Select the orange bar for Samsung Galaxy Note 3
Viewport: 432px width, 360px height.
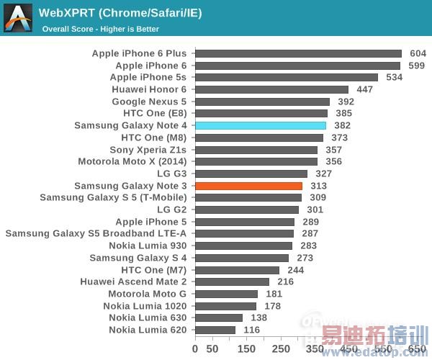pos(248,186)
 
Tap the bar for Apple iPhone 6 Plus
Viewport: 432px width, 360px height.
pos(298,53)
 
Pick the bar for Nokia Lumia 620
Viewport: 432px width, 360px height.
pos(215,330)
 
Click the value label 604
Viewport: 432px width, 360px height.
pos(418,53)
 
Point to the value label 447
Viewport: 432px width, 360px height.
pos(365,89)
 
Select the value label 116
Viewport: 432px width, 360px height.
pos(252,330)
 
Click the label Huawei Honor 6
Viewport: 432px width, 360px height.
pos(149,89)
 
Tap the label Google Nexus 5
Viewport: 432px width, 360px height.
pos(149,102)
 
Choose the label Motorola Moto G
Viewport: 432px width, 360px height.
pos(147,294)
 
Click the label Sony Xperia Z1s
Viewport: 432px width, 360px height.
pos(148,150)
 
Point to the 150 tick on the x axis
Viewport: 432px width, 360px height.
pos(246,349)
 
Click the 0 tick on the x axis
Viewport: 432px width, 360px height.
pos(195,349)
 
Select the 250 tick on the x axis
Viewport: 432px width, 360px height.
pos(281,349)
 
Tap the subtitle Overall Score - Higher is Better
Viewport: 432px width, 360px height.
pos(100,29)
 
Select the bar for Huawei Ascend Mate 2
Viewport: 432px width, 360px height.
pos(232,282)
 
